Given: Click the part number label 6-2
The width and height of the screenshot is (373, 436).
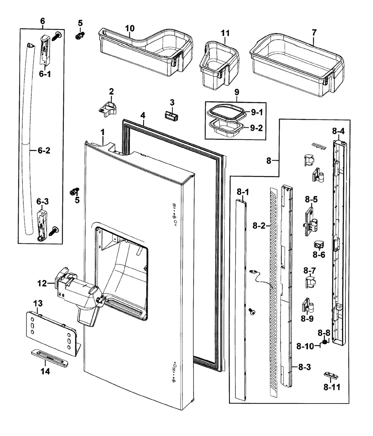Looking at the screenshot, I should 44,151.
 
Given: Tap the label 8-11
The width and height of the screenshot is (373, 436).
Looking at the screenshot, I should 332,387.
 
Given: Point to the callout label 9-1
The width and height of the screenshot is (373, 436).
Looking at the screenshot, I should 257,112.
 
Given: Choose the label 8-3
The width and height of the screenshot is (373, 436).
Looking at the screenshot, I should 304,368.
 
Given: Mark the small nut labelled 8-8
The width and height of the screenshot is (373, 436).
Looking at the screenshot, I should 325,341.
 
